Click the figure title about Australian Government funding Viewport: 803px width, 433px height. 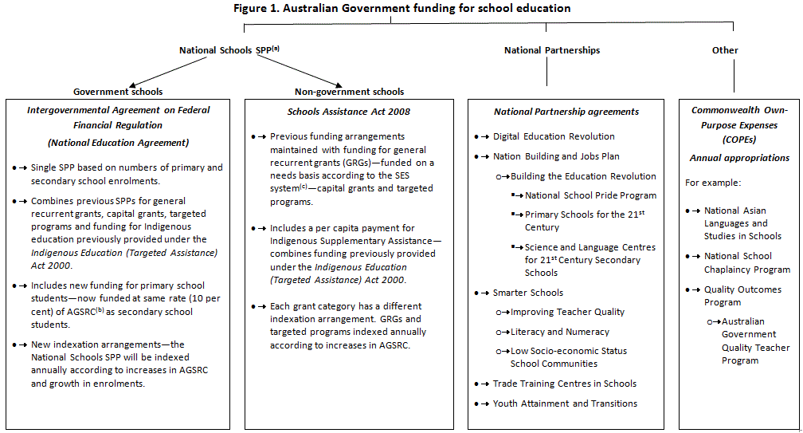[x=401, y=8]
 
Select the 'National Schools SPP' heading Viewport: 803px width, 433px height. [x=229, y=50]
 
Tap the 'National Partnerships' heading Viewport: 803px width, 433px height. [x=552, y=50]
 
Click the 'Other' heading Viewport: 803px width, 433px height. [x=725, y=50]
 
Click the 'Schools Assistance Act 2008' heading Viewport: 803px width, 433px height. [x=338, y=112]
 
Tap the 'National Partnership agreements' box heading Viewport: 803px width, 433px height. [x=566, y=112]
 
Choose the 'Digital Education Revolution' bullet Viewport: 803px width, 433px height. [x=554, y=136]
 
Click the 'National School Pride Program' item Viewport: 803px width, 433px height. [x=590, y=195]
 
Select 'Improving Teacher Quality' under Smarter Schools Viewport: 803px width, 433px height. [x=567, y=312]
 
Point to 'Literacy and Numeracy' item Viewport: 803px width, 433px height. [x=560, y=332]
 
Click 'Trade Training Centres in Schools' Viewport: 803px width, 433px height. [x=564, y=384]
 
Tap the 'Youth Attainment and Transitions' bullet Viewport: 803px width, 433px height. [x=565, y=403]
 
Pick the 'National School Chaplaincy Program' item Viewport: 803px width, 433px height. [x=737, y=263]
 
